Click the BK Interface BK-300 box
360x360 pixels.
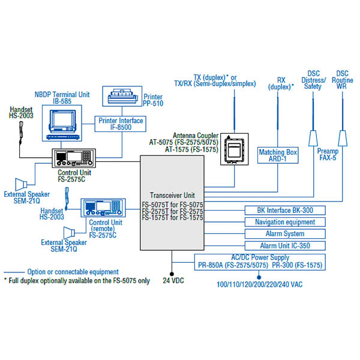pos(284,211)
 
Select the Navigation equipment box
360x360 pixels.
pos(284,222)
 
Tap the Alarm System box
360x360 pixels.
pos(284,234)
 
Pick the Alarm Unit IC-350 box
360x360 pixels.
pos(284,246)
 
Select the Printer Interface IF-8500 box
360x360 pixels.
pos(121,124)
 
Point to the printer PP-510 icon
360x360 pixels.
pos(122,97)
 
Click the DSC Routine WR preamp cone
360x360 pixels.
pos(343,137)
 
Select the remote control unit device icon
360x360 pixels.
pos(103,209)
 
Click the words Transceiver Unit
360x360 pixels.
pos(172,196)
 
